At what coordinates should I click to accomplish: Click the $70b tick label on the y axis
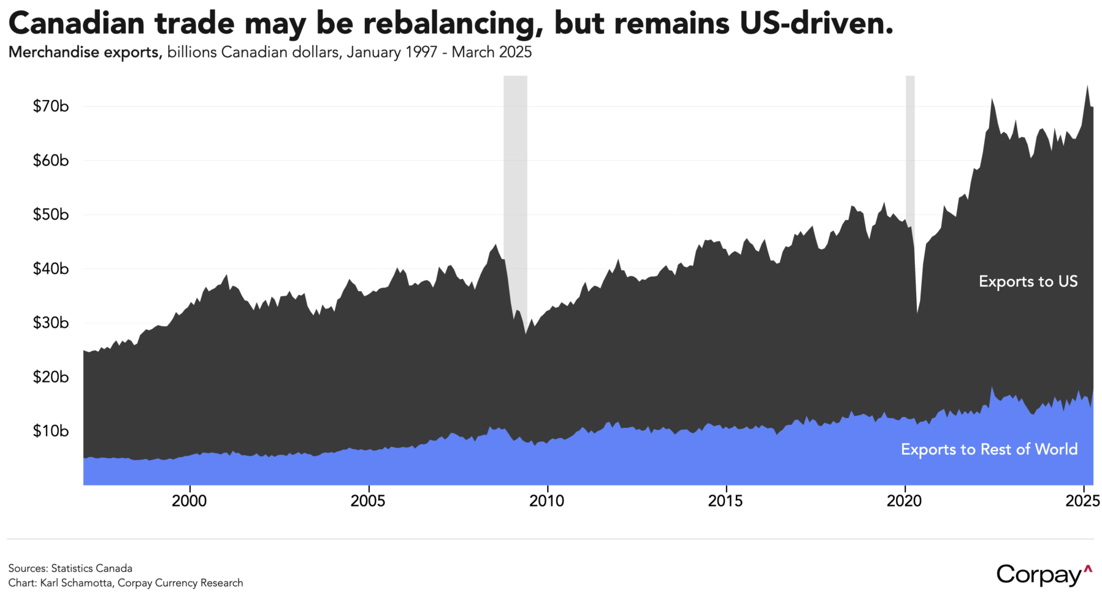tap(50, 107)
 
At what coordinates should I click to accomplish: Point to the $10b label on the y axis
tap(50, 431)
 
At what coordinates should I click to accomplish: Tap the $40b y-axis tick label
tap(50, 268)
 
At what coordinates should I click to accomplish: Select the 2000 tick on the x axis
tap(189, 501)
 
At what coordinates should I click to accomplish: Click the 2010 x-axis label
tap(546, 501)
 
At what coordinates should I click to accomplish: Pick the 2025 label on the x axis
tap(1082, 501)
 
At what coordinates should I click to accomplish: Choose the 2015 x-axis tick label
tap(725, 501)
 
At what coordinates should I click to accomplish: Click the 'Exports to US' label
tap(1028, 281)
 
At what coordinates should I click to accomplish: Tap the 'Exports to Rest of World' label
tap(989, 449)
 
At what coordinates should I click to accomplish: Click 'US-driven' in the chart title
tap(812, 23)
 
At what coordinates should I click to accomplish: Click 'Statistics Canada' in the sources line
tap(91, 568)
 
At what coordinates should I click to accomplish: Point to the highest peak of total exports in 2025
tap(1087, 86)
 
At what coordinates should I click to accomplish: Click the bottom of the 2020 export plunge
tap(917, 313)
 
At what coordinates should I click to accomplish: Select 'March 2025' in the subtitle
tap(491, 53)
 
